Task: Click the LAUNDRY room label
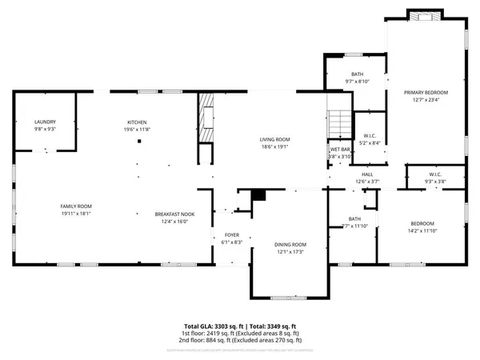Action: pyautogui.click(x=45, y=122)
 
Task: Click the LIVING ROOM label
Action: pyautogui.click(x=274, y=140)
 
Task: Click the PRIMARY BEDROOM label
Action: pyautogui.click(x=425, y=93)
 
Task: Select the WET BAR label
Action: pyautogui.click(x=341, y=150)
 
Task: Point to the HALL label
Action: pyautogui.click(x=367, y=174)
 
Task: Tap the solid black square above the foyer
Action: pyautogui.click(x=258, y=194)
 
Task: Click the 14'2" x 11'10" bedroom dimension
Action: pyautogui.click(x=422, y=230)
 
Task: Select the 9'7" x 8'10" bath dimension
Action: pyautogui.click(x=357, y=58)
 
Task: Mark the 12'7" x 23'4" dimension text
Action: pyautogui.click(x=425, y=99)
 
